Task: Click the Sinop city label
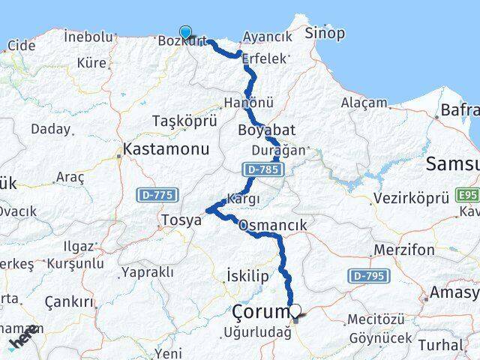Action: [x=325, y=33]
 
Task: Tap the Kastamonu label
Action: [x=166, y=149]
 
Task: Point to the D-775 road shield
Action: [x=157, y=195]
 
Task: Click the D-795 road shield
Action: [x=369, y=277]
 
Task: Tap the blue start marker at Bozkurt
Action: [x=185, y=32]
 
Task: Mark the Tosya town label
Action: [x=181, y=220]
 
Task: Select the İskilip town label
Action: [x=247, y=277]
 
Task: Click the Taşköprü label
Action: [x=184, y=121]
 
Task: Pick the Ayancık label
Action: [x=268, y=37]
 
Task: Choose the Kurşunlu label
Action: [x=76, y=264]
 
